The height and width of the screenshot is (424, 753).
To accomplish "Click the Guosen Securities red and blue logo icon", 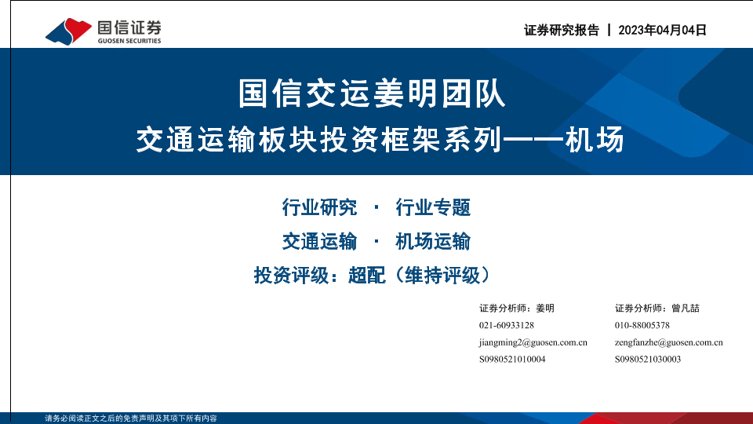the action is point(68,31).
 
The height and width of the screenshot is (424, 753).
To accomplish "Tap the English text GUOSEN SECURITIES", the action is point(129,41).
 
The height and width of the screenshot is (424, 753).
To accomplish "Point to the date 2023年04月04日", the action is point(662,31).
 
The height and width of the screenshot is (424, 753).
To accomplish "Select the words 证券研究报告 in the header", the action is point(562,31).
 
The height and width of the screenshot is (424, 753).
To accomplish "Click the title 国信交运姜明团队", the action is point(372,93).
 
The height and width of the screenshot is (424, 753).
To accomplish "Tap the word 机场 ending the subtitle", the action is point(594,140).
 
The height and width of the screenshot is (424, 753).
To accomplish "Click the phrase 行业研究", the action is point(319,207).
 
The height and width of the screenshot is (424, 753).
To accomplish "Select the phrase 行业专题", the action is point(433,207).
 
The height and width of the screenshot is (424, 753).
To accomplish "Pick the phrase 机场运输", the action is point(433,241).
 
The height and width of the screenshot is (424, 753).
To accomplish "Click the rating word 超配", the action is point(366,276).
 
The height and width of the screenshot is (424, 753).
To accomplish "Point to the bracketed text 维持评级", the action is point(442,276).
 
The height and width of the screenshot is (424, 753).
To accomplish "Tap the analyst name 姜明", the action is point(545,308).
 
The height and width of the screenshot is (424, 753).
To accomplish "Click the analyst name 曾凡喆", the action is point(686,308).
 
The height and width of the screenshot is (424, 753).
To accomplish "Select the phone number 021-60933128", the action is point(507,325).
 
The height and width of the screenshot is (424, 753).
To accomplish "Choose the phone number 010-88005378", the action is point(642,325).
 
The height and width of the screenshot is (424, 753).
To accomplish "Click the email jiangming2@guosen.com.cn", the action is point(533,343).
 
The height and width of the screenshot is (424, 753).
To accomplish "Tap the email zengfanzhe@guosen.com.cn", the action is point(668,343).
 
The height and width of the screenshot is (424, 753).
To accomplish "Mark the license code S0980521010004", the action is point(512,359).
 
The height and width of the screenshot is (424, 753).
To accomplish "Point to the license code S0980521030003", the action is point(648,359).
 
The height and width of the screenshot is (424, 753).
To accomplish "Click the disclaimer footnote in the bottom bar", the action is point(131,419).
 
